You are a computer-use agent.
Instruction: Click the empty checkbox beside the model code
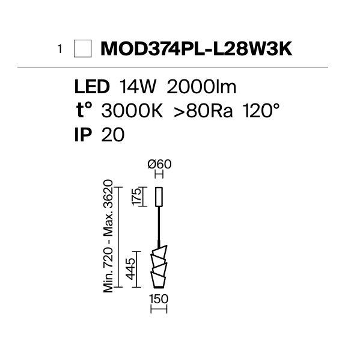(82, 49)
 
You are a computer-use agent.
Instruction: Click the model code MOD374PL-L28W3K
(197, 49)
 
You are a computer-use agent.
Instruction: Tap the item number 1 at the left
(60, 49)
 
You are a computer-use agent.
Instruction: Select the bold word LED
(92, 87)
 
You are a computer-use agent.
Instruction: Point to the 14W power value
(138, 87)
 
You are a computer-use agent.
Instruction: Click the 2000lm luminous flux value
(201, 87)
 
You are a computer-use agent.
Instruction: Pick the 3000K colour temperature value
(132, 111)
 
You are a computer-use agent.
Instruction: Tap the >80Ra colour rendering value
(203, 111)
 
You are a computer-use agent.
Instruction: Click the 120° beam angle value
(261, 110)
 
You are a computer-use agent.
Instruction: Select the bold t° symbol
(84, 110)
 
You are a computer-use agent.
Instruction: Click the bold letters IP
(84, 135)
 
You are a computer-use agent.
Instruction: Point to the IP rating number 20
(113, 135)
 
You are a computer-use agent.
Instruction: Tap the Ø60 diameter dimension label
(159, 164)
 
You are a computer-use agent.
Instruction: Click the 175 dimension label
(136, 196)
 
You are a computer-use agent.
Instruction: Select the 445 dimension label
(130, 268)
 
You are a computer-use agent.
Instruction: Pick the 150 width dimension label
(159, 299)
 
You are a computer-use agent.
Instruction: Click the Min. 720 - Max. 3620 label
(108, 236)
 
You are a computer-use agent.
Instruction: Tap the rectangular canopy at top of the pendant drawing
(159, 197)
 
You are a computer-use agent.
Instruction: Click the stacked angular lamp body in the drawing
(159, 267)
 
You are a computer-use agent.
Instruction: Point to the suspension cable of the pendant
(159, 226)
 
